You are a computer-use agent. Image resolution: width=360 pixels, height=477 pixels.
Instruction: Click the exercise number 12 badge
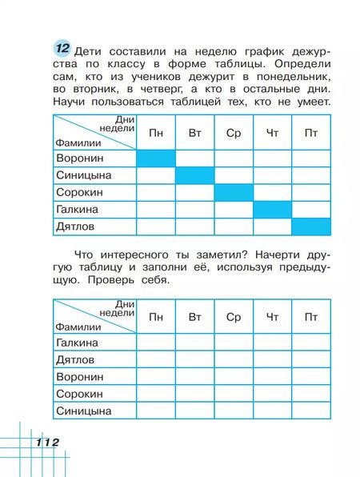(60, 47)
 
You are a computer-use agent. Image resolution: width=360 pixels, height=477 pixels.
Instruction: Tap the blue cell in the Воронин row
(155, 158)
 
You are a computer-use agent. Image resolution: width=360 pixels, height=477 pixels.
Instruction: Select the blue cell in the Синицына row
(194, 175)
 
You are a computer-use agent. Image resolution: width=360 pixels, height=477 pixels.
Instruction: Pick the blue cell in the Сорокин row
(233, 193)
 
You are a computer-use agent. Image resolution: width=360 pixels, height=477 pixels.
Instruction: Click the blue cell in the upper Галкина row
(272, 210)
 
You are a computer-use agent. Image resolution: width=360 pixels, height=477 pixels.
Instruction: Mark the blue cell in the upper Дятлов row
(310, 227)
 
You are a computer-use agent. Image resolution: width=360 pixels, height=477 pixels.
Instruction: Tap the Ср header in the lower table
(233, 318)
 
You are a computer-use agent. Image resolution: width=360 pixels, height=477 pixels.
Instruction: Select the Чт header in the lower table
(272, 318)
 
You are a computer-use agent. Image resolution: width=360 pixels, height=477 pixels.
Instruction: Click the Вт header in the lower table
(194, 318)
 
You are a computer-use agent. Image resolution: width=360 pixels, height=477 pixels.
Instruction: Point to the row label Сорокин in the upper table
(82, 193)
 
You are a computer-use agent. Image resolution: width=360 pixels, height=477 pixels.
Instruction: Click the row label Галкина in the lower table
(78, 343)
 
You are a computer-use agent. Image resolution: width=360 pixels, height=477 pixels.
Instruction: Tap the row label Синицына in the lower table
(83, 411)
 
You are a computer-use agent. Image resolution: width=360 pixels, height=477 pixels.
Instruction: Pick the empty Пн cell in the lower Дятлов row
(155, 360)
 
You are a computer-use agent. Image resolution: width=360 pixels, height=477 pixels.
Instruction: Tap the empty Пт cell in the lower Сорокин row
(310, 395)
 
